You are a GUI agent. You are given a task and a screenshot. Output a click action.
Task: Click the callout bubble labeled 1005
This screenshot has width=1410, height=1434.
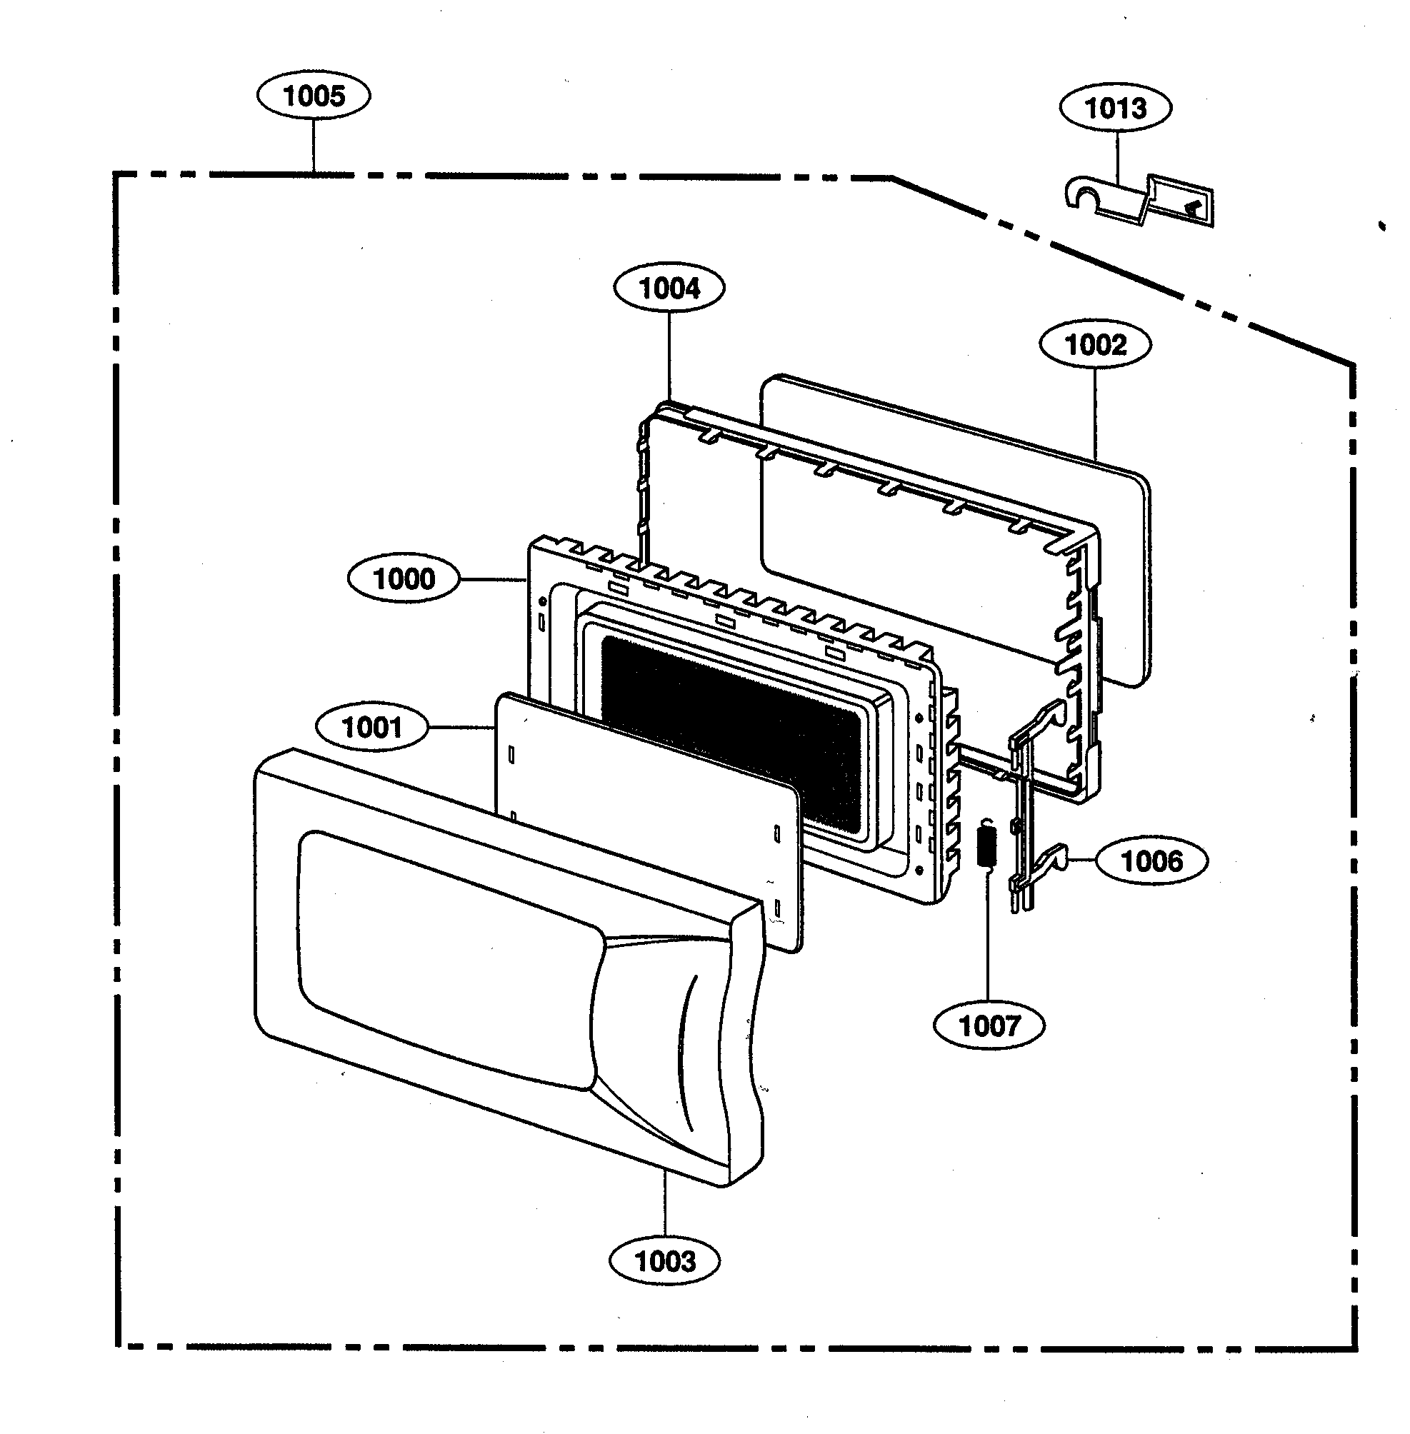(314, 96)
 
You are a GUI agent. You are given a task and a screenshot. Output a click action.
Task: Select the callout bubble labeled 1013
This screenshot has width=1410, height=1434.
(1114, 108)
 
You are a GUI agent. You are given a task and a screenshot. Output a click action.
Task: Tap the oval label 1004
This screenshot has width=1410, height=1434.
(669, 288)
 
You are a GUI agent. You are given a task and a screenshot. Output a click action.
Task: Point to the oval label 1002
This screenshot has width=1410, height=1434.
(1094, 345)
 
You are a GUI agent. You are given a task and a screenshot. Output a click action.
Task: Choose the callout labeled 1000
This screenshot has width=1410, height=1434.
(404, 579)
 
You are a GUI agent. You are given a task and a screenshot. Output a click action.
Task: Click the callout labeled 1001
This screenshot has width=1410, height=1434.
(371, 728)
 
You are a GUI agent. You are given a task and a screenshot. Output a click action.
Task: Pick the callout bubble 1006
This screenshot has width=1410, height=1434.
(1151, 861)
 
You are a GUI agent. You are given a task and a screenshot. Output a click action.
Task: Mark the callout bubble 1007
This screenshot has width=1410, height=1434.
(989, 1026)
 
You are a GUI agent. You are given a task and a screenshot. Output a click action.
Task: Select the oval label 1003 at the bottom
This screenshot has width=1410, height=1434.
(664, 1260)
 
